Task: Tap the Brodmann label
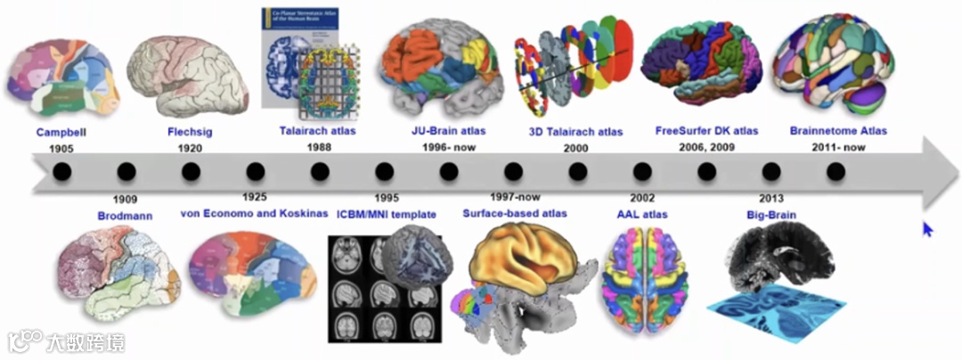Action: point(126,215)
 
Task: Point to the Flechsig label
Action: point(190,132)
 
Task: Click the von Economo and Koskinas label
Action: point(254,214)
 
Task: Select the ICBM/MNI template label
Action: point(386,214)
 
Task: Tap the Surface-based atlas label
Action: point(515,214)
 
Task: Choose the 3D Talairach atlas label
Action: point(576,132)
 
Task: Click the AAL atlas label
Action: point(642,215)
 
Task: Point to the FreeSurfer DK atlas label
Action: point(706,131)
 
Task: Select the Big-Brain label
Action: point(771,215)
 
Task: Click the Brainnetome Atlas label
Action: point(838,131)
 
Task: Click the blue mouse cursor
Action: point(927,229)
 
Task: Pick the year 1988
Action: point(318,147)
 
